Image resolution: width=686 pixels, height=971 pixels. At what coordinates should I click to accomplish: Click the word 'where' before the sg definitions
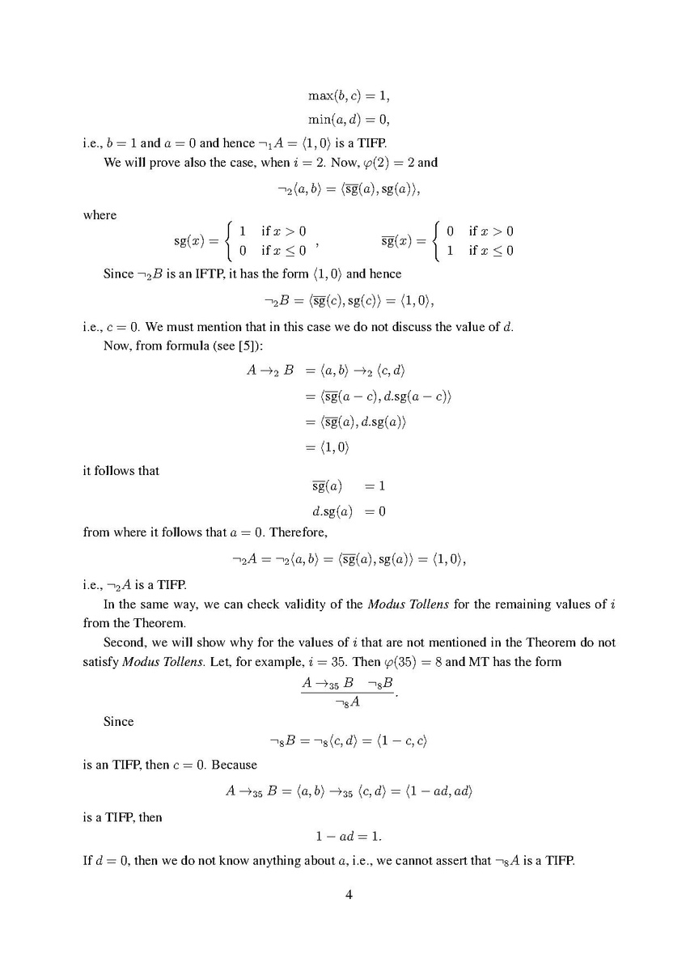100,215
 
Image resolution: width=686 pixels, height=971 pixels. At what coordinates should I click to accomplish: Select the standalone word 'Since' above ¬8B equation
118,721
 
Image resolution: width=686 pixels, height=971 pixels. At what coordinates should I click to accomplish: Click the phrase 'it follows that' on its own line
121,470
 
